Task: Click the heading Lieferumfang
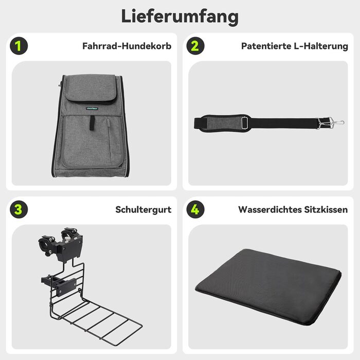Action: pyautogui.click(x=180, y=17)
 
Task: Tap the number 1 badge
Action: pyautogui.click(x=19, y=46)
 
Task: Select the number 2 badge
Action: pyautogui.click(x=195, y=46)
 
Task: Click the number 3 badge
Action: pyautogui.click(x=19, y=209)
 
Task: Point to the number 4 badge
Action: pyautogui.click(x=195, y=209)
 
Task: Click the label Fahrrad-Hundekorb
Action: pyautogui.click(x=127, y=46)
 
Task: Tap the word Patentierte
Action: pyautogui.click(x=266, y=46)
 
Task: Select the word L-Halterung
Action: pyautogui.click(x=321, y=46)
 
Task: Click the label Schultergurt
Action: pyautogui.click(x=143, y=210)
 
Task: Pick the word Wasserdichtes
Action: pyautogui.click(x=270, y=210)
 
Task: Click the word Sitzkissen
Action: pyautogui.click(x=326, y=210)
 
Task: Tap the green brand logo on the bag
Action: pyautogui.click(x=92, y=109)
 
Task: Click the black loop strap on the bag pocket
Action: pyautogui.click(x=92, y=123)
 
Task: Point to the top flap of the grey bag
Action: pyautogui.click(x=92, y=88)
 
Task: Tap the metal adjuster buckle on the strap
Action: pyautogui.click(x=245, y=123)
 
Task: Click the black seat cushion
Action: pyautogui.click(x=268, y=287)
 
